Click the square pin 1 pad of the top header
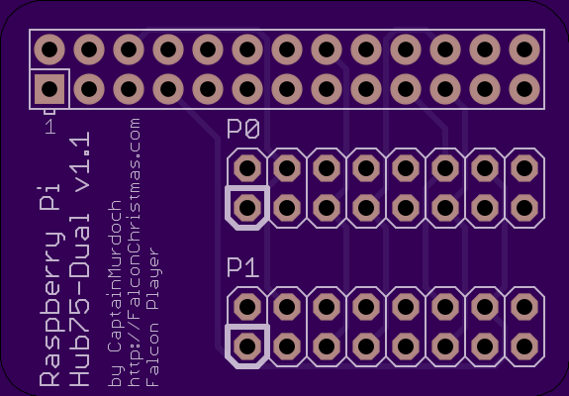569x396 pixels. point(49,89)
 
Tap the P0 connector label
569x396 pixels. point(243,130)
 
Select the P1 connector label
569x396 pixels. point(242,267)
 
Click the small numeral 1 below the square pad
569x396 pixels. point(50,127)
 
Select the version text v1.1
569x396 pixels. point(79,166)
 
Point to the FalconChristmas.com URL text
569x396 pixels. point(135,251)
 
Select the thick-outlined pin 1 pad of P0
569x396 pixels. point(247,208)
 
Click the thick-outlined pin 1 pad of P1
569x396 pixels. point(247,346)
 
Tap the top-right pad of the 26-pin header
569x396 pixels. point(524,49)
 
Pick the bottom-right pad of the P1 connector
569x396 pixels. point(524,346)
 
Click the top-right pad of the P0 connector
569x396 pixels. point(524,168)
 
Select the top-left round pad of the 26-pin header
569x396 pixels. point(49,49)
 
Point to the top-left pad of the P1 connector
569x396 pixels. point(247,307)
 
